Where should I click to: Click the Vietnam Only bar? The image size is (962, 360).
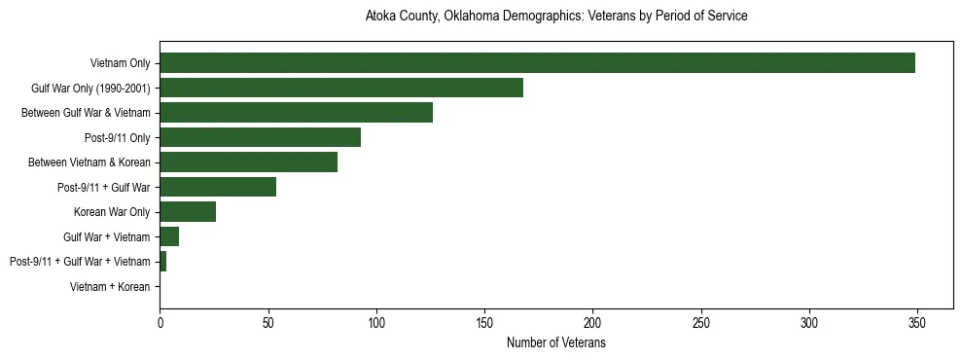tap(537, 63)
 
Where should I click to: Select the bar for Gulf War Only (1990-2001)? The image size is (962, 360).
tap(341, 89)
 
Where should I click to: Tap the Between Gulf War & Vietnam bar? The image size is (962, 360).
tap(296, 113)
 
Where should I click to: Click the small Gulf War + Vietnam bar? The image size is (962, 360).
tap(169, 236)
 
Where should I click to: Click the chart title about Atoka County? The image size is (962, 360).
tap(555, 17)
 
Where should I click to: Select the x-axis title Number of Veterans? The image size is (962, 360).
tap(555, 342)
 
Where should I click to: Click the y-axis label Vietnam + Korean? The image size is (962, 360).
tap(110, 287)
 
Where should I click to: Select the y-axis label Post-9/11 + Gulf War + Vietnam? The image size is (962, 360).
tap(80, 262)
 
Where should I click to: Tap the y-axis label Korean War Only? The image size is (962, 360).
tap(112, 212)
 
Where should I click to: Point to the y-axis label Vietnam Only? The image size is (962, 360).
tap(120, 63)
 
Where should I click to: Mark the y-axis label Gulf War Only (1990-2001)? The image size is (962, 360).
tap(90, 89)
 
